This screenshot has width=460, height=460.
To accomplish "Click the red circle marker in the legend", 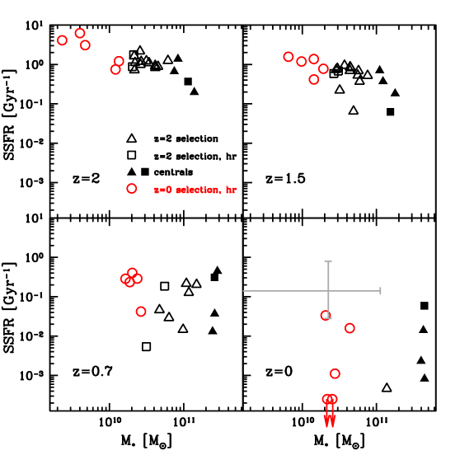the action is [132, 189].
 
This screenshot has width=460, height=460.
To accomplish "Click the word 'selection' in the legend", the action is [198, 190].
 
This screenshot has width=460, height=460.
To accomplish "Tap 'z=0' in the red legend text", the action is [163, 190].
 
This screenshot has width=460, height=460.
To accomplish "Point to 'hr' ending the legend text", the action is [231, 190].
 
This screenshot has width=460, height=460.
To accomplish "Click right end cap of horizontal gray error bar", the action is [380, 291].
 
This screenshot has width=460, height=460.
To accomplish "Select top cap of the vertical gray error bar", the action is [328, 262].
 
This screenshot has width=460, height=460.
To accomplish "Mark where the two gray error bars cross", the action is [328, 291].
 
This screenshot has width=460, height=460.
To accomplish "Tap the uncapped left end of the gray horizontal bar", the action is [244, 291].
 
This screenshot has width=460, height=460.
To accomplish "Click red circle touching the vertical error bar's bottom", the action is [326, 315].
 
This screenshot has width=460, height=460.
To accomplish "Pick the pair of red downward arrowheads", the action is [330, 421].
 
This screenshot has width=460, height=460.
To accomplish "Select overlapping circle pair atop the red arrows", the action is [330, 399].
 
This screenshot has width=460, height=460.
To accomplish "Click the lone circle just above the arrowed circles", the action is [335, 373].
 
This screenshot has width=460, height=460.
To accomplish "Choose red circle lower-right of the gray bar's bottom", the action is [350, 328].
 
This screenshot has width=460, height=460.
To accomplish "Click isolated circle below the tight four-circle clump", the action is [141, 312].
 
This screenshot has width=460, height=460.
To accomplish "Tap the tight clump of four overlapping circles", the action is [131, 278].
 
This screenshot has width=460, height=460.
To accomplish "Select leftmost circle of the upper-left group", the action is [62, 40].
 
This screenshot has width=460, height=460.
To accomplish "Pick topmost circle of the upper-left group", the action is [80, 33].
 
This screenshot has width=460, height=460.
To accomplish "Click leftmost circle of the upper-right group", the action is [289, 57].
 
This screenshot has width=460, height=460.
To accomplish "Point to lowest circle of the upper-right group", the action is [314, 79].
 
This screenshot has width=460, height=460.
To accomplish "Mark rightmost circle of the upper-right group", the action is [323, 68].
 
